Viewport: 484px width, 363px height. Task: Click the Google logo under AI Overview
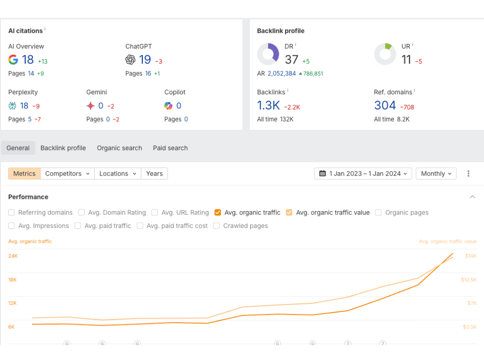(x=13, y=60)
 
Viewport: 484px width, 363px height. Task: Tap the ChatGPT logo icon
(x=130, y=60)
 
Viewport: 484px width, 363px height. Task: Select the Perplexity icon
(x=13, y=106)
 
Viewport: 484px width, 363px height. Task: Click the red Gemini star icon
(x=91, y=106)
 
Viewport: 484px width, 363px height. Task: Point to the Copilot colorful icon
(x=168, y=106)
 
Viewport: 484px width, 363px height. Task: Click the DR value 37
(x=291, y=60)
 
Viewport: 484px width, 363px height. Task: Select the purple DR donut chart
(x=268, y=54)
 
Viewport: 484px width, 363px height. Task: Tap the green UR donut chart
(x=385, y=54)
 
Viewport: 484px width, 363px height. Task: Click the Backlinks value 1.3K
(x=269, y=106)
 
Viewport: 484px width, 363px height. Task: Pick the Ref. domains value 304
(x=385, y=106)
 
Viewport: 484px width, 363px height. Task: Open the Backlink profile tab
(x=63, y=148)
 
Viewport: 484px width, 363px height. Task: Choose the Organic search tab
(x=120, y=148)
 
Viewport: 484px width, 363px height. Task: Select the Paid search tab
(x=170, y=148)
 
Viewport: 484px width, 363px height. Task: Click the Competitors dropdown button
(x=67, y=174)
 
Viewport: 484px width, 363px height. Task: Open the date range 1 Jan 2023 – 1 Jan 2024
(x=363, y=174)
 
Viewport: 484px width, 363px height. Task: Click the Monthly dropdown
(x=436, y=174)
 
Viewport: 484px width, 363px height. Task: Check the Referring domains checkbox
(x=12, y=212)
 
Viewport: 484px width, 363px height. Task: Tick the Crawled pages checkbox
(x=216, y=226)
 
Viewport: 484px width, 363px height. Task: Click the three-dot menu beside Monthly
(x=468, y=174)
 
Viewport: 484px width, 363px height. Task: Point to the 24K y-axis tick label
(x=13, y=256)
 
